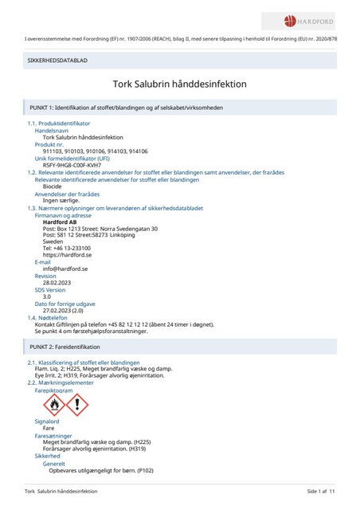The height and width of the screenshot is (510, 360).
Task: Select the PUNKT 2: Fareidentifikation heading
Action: pyautogui.click(x=70, y=348)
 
